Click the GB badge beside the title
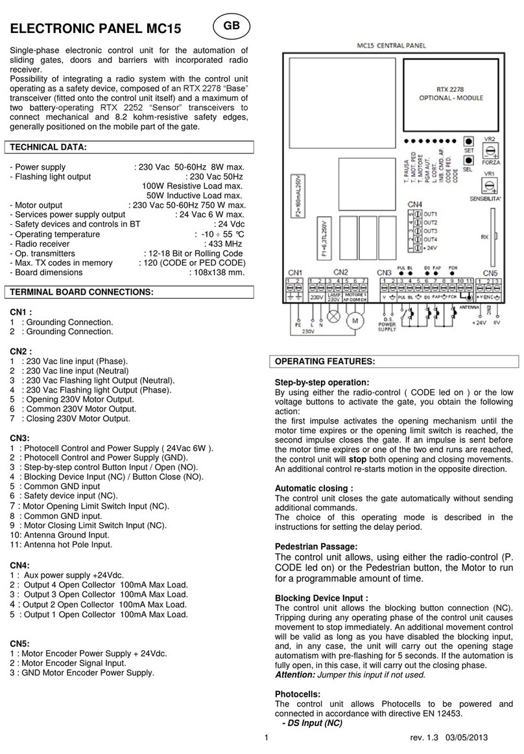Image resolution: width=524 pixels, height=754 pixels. [232, 25]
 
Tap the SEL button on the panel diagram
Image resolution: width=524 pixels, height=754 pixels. [468, 159]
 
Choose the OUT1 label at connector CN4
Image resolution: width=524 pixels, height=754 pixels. [431, 214]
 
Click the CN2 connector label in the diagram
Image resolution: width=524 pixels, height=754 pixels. [342, 271]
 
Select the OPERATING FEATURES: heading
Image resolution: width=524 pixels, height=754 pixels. [321, 361]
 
